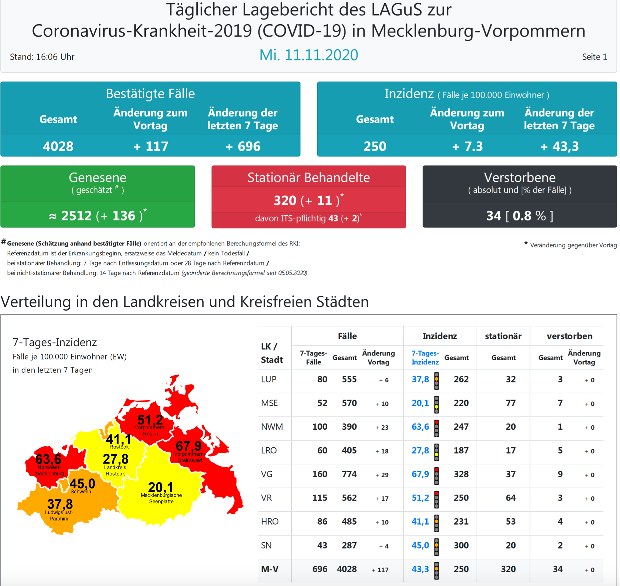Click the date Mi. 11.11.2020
coord(308,55)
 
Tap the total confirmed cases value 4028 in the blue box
coord(58,146)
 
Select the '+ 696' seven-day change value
coord(243,146)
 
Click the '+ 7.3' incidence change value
coord(467,146)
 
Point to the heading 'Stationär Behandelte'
coord(308,177)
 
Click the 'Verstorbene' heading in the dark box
coord(520,177)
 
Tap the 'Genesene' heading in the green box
coord(97,177)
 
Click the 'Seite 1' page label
coord(594,57)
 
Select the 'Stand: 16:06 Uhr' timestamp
coord(42,57)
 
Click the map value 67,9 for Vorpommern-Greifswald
coord(188,446)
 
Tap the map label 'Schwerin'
coord(81,491)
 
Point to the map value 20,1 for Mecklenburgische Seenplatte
coord(161,487)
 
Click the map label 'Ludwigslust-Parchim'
coord(59,515)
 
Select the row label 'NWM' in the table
coord(272,427)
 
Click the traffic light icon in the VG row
coord(436,476)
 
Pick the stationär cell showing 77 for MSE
coord(511,403)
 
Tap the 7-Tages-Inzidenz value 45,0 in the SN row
coord(420,545)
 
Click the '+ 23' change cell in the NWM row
coord(382,427)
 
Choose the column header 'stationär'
coord(503,336)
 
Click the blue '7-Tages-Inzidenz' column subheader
coord(425,358)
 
